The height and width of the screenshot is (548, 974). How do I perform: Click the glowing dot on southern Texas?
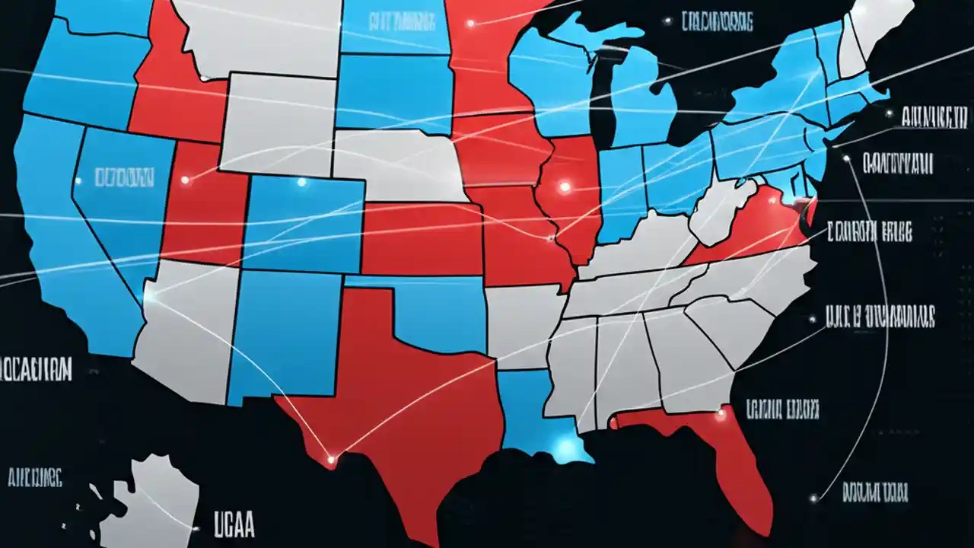click(331, 459)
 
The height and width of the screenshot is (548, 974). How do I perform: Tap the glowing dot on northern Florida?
click(720, 416)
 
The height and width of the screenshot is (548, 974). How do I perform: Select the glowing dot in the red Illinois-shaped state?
click(565, 186)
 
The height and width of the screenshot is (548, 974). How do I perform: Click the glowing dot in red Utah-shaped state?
click(185, 180)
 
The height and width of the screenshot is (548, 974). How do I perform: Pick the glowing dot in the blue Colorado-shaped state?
click(301, 182)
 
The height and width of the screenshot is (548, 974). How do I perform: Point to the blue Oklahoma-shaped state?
click(441, 312)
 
